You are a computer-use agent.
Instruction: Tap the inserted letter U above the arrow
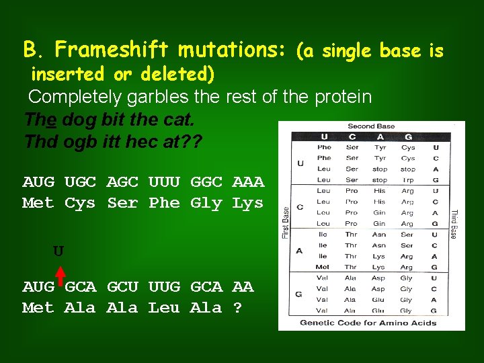click(58, 251)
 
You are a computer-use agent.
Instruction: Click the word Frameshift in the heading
click(114, 49)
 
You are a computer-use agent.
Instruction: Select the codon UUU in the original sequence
click(164, 182)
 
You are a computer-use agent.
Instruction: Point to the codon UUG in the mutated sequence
click(164, 287)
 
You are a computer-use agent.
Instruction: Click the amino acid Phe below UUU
click(164, 202)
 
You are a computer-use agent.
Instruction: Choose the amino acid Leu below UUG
click(164, 308)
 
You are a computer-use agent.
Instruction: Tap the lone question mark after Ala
click(237, 308)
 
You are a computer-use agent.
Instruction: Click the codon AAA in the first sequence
click(248, 182)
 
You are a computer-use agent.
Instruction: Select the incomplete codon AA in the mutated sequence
click(243, 287)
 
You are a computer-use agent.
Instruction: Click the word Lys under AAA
click(248, 202)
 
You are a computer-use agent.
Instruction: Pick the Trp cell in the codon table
click(407, 180)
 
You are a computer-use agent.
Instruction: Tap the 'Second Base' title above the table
click(371, 126)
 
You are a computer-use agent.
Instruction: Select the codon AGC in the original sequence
click(122, 182)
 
